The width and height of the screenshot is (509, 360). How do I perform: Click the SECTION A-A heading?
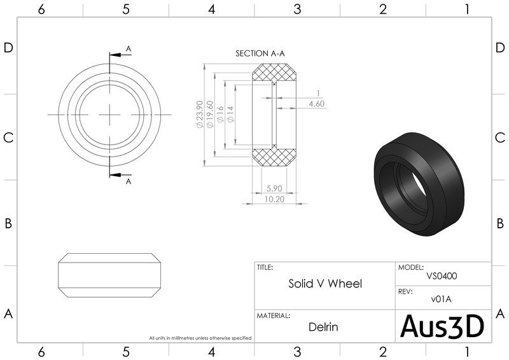click(260, 53)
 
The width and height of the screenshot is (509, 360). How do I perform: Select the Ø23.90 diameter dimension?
click(200, 115)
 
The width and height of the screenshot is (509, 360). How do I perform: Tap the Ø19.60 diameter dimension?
click(210, 115)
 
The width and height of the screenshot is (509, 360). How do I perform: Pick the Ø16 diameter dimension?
click(220, 115)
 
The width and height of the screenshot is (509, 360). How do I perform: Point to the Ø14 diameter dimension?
click(230, 115)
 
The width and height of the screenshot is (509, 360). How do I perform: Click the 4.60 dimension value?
click(316, 103)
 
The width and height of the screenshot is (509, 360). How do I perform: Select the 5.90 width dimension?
click(274, 188)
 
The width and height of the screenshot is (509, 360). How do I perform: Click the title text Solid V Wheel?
click(325, 284)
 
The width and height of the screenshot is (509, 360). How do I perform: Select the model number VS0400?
click(442, 276)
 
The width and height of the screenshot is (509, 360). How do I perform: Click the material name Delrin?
click(324, 328)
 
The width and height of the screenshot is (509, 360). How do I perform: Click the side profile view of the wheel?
click(109, 275)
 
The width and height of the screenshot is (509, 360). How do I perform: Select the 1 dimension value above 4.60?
click(317, 93)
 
